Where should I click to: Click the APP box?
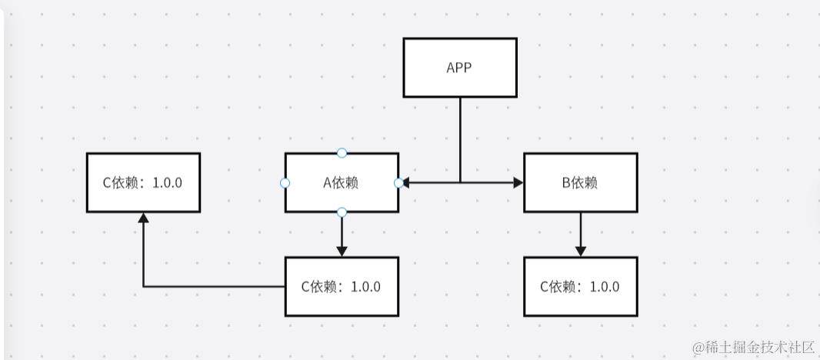click(x=459, y=68)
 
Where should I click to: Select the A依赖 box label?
click(x=342, y=183)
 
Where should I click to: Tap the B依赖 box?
click(x=580, y=183)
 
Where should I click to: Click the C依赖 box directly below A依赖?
click(x=342, y=287)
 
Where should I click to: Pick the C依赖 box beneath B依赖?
click(x=580, y=287)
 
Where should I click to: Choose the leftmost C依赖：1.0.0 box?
click(x=143, y=183)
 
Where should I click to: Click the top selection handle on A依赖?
click(x=342, y=153)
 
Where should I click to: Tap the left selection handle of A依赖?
click(x=285, y=183)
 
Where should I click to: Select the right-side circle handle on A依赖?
click(x=398, y=183)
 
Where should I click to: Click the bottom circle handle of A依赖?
click(x=342, y=212)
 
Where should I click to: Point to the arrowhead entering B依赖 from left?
click(x=518, y=183)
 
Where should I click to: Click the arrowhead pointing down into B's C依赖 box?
click(x=581, y=252)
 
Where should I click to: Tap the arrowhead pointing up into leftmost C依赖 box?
click(x=143, y=218)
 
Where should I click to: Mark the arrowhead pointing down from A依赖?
click(x=342, y=252)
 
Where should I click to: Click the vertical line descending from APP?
click(x=460, y=138)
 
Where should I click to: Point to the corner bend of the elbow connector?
click(x=143, y=287)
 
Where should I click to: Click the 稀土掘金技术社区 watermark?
click(x=753, y=348)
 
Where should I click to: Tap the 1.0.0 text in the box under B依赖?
click(x=604, y=287)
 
